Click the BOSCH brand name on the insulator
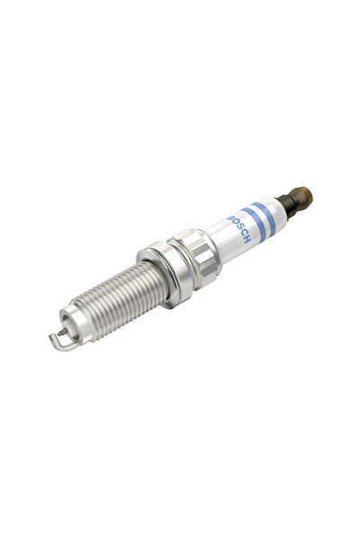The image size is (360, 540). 239,229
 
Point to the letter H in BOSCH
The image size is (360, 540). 246,240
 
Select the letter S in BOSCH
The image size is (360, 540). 239,229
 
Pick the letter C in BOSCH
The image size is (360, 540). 242,235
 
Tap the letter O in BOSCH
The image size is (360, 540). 234,224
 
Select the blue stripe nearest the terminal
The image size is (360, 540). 266,216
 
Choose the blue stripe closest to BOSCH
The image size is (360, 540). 255,222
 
